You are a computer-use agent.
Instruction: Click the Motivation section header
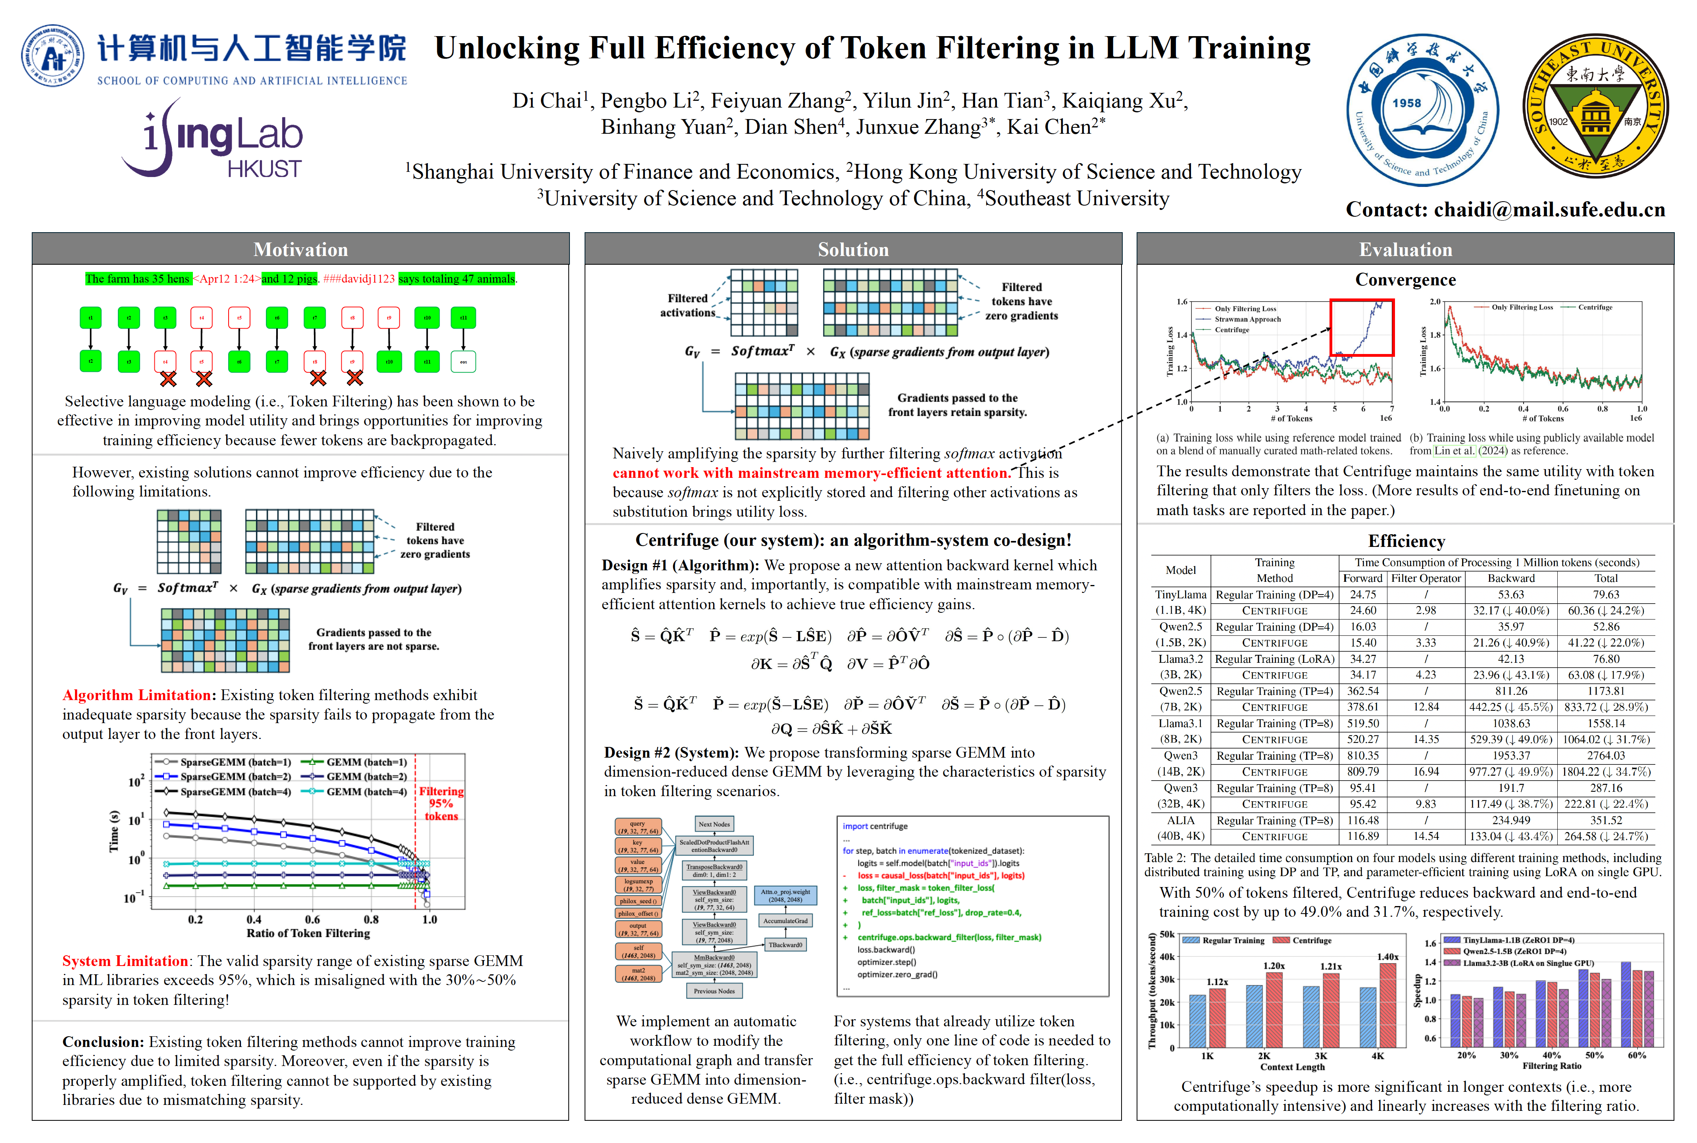pos(300,249)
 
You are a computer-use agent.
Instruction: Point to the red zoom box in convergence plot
pos(1361,327)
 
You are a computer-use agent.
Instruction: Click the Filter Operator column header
pos(1426,578)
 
